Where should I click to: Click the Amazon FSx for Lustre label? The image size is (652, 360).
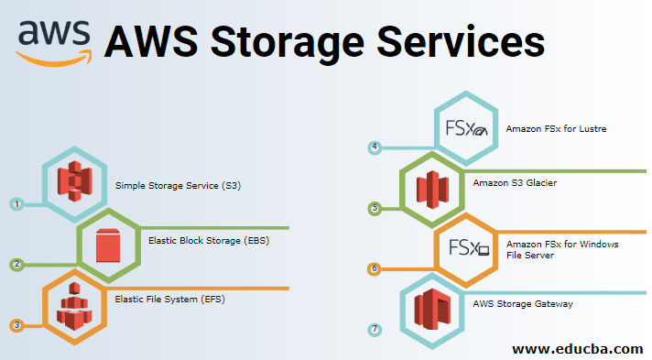point(556,129)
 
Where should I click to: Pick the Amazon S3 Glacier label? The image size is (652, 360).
point(515,183)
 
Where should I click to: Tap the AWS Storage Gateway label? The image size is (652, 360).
point(523,303)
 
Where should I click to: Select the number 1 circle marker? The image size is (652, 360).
point(16,204)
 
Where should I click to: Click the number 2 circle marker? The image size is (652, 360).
point(16,265)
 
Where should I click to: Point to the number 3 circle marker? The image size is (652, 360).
point(16,325)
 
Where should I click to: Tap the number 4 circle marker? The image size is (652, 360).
point(375,147)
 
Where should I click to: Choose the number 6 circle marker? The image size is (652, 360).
point(375,268)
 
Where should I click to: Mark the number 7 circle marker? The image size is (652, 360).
point(375,328)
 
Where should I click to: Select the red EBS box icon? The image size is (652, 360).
point(108,243)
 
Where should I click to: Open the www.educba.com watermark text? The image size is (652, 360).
point(577,348)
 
